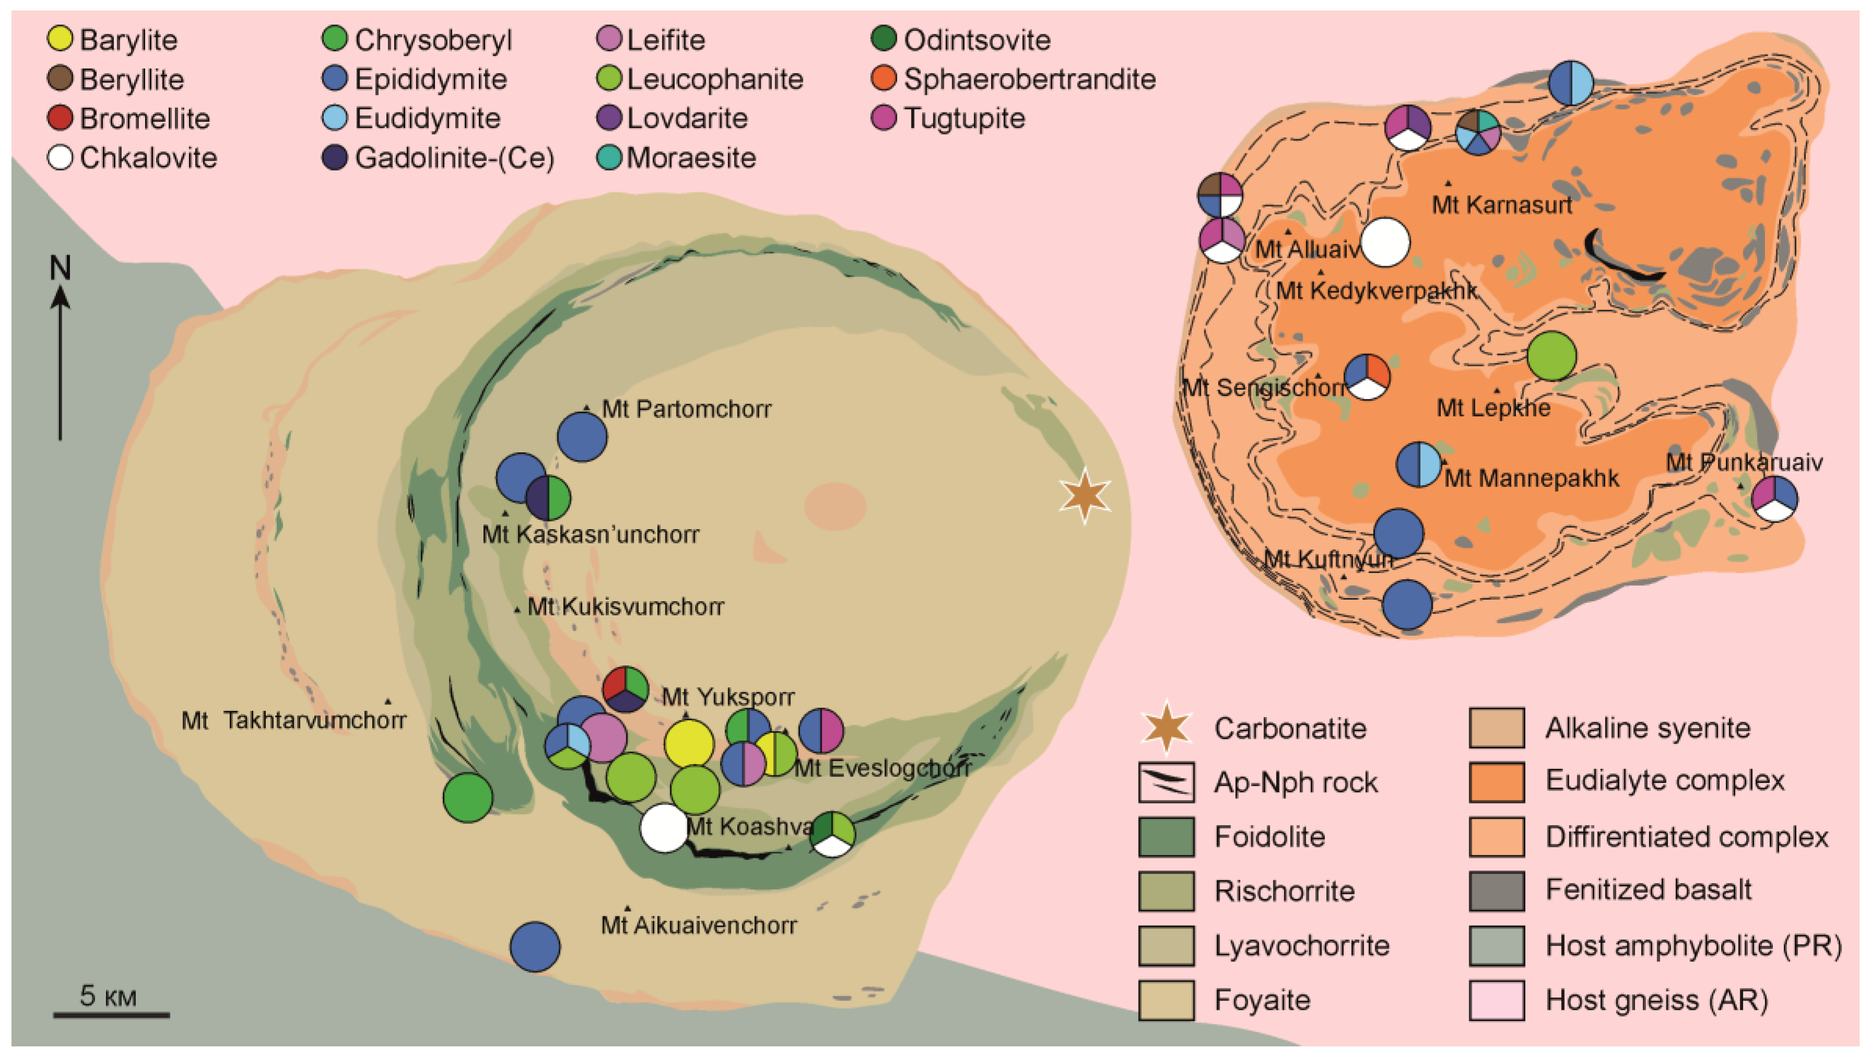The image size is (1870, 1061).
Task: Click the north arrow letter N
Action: [61, 268]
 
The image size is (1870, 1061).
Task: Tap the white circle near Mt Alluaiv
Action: [1384, 243]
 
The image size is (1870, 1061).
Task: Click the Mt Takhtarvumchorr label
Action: [294, 721]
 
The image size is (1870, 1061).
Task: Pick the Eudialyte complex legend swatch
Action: [1496, 782]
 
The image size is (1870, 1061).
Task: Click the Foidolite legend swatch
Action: [1166, 837]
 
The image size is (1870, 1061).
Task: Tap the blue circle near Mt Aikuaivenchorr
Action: [535, 947]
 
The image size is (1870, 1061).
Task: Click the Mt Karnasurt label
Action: [1501, 205]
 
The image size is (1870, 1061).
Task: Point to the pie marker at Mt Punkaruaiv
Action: [1774, 498]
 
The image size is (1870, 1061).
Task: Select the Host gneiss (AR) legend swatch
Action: [1496, 1000]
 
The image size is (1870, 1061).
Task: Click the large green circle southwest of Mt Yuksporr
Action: [468, 798]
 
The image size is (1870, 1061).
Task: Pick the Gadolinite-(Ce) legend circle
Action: [335, 158]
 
